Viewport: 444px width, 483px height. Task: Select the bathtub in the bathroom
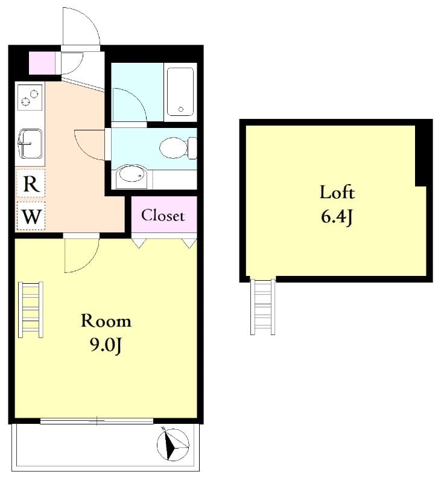pyautogui.click(x=180, y=92)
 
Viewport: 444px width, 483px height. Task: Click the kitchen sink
pyautogui.click(x=30, y=144)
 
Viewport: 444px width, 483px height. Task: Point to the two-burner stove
pyautogui.click(x=30, y=97)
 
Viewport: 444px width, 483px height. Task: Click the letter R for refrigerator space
pyautogui.click(x=31, y=184)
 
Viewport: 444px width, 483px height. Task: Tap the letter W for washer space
pyautogui.click(x=32, y=217)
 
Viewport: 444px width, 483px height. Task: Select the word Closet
pyautogui.click(x=163, y=216)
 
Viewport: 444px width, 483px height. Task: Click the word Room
pyautogui.click(x=106, y=321)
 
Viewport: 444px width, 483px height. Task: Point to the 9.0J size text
pyautogui.click(x=106, y=346)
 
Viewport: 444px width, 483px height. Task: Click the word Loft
pyautogui.click(x=337, y=193)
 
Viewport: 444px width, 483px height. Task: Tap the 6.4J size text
pyautogui.click(x=337, y=217)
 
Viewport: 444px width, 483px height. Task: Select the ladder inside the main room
pyautogui.click(x=30, y=310)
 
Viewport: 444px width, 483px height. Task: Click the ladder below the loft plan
pyautogui.click(x=263, y=307)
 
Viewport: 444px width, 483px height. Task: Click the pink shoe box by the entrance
pyautogui.click(x=42, y=63)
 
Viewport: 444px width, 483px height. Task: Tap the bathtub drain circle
pyautogui.click(x=181, y=109)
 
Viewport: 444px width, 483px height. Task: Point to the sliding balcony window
pyautogui.click(x=97, y=421)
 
